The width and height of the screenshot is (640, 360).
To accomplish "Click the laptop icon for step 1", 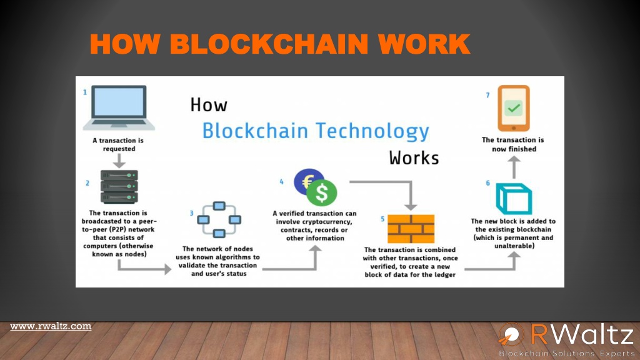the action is pyautogui.click(x=119, y=107).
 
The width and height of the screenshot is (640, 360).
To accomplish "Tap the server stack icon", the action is pyautogui.click(x=119, y=186).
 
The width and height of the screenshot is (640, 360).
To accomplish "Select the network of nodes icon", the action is pyautogui.click(x=219, y=219).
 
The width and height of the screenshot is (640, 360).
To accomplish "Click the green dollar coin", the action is pyautogui.click(x=322, y=193).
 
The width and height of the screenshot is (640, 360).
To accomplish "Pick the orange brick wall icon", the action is pyautogui.click(x=411, y=229).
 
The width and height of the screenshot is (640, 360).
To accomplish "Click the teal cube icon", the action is pyautogui.click(x=514, y=199).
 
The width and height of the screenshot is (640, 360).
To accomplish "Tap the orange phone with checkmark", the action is pyautogui.click(x=514, y=108).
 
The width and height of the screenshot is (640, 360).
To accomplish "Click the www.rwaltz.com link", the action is pyautogui.click(x=51, y=326).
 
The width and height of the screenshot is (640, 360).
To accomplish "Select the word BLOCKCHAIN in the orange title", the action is pyautogui.click(x=269, y=44).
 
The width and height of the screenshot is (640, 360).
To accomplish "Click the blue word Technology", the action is pyautogui.click(x=372, y=131).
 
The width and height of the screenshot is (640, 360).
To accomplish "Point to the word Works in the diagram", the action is pyautogui.click(x=414, y=158).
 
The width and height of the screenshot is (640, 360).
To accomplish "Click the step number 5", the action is pyautogui.click(x=382, y=219).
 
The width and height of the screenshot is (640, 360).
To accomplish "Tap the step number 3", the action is pyautogui.click(x=191, y=213).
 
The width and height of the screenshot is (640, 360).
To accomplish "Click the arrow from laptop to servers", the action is pyautogui.click(x=119, y=161).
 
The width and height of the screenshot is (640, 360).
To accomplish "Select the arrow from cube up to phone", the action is pyautogui.click(x=514, y=167).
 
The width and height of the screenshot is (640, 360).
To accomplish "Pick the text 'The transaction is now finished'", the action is pyautogui.click(x=513, y=144).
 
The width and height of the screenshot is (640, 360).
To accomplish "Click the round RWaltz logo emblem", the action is pyautogui.click(x=510, y=335).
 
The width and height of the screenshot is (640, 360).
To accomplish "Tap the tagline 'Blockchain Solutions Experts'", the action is pyautogui.click(x=567, y=353).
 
